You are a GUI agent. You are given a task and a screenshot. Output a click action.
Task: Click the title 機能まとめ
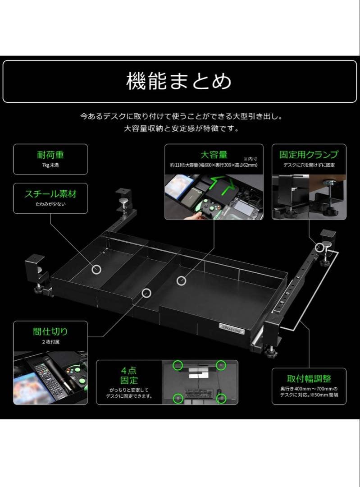pyautogui.click(x=179, y=82)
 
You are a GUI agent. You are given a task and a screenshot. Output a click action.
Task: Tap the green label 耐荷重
pyautogui.click(x=50, y=155)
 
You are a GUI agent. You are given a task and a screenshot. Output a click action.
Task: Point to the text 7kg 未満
pyautogui.click(x=50, y=165)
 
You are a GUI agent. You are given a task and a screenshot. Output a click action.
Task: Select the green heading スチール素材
pyautogui.click(x=50, y=194)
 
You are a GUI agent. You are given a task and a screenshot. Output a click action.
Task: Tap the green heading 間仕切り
pyautogui.click(x=50, y=331)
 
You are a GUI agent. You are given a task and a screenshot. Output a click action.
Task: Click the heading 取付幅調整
pyautogui.click(x=309, y=378)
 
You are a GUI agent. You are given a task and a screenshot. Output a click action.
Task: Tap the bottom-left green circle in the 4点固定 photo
pyautogui.click(x=178, y=398)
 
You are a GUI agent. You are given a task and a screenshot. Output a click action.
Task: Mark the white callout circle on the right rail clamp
pyautogui.click(x=320, y=247)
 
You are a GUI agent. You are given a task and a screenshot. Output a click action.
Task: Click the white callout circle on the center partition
pyautogui.click(x=146, y=293)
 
